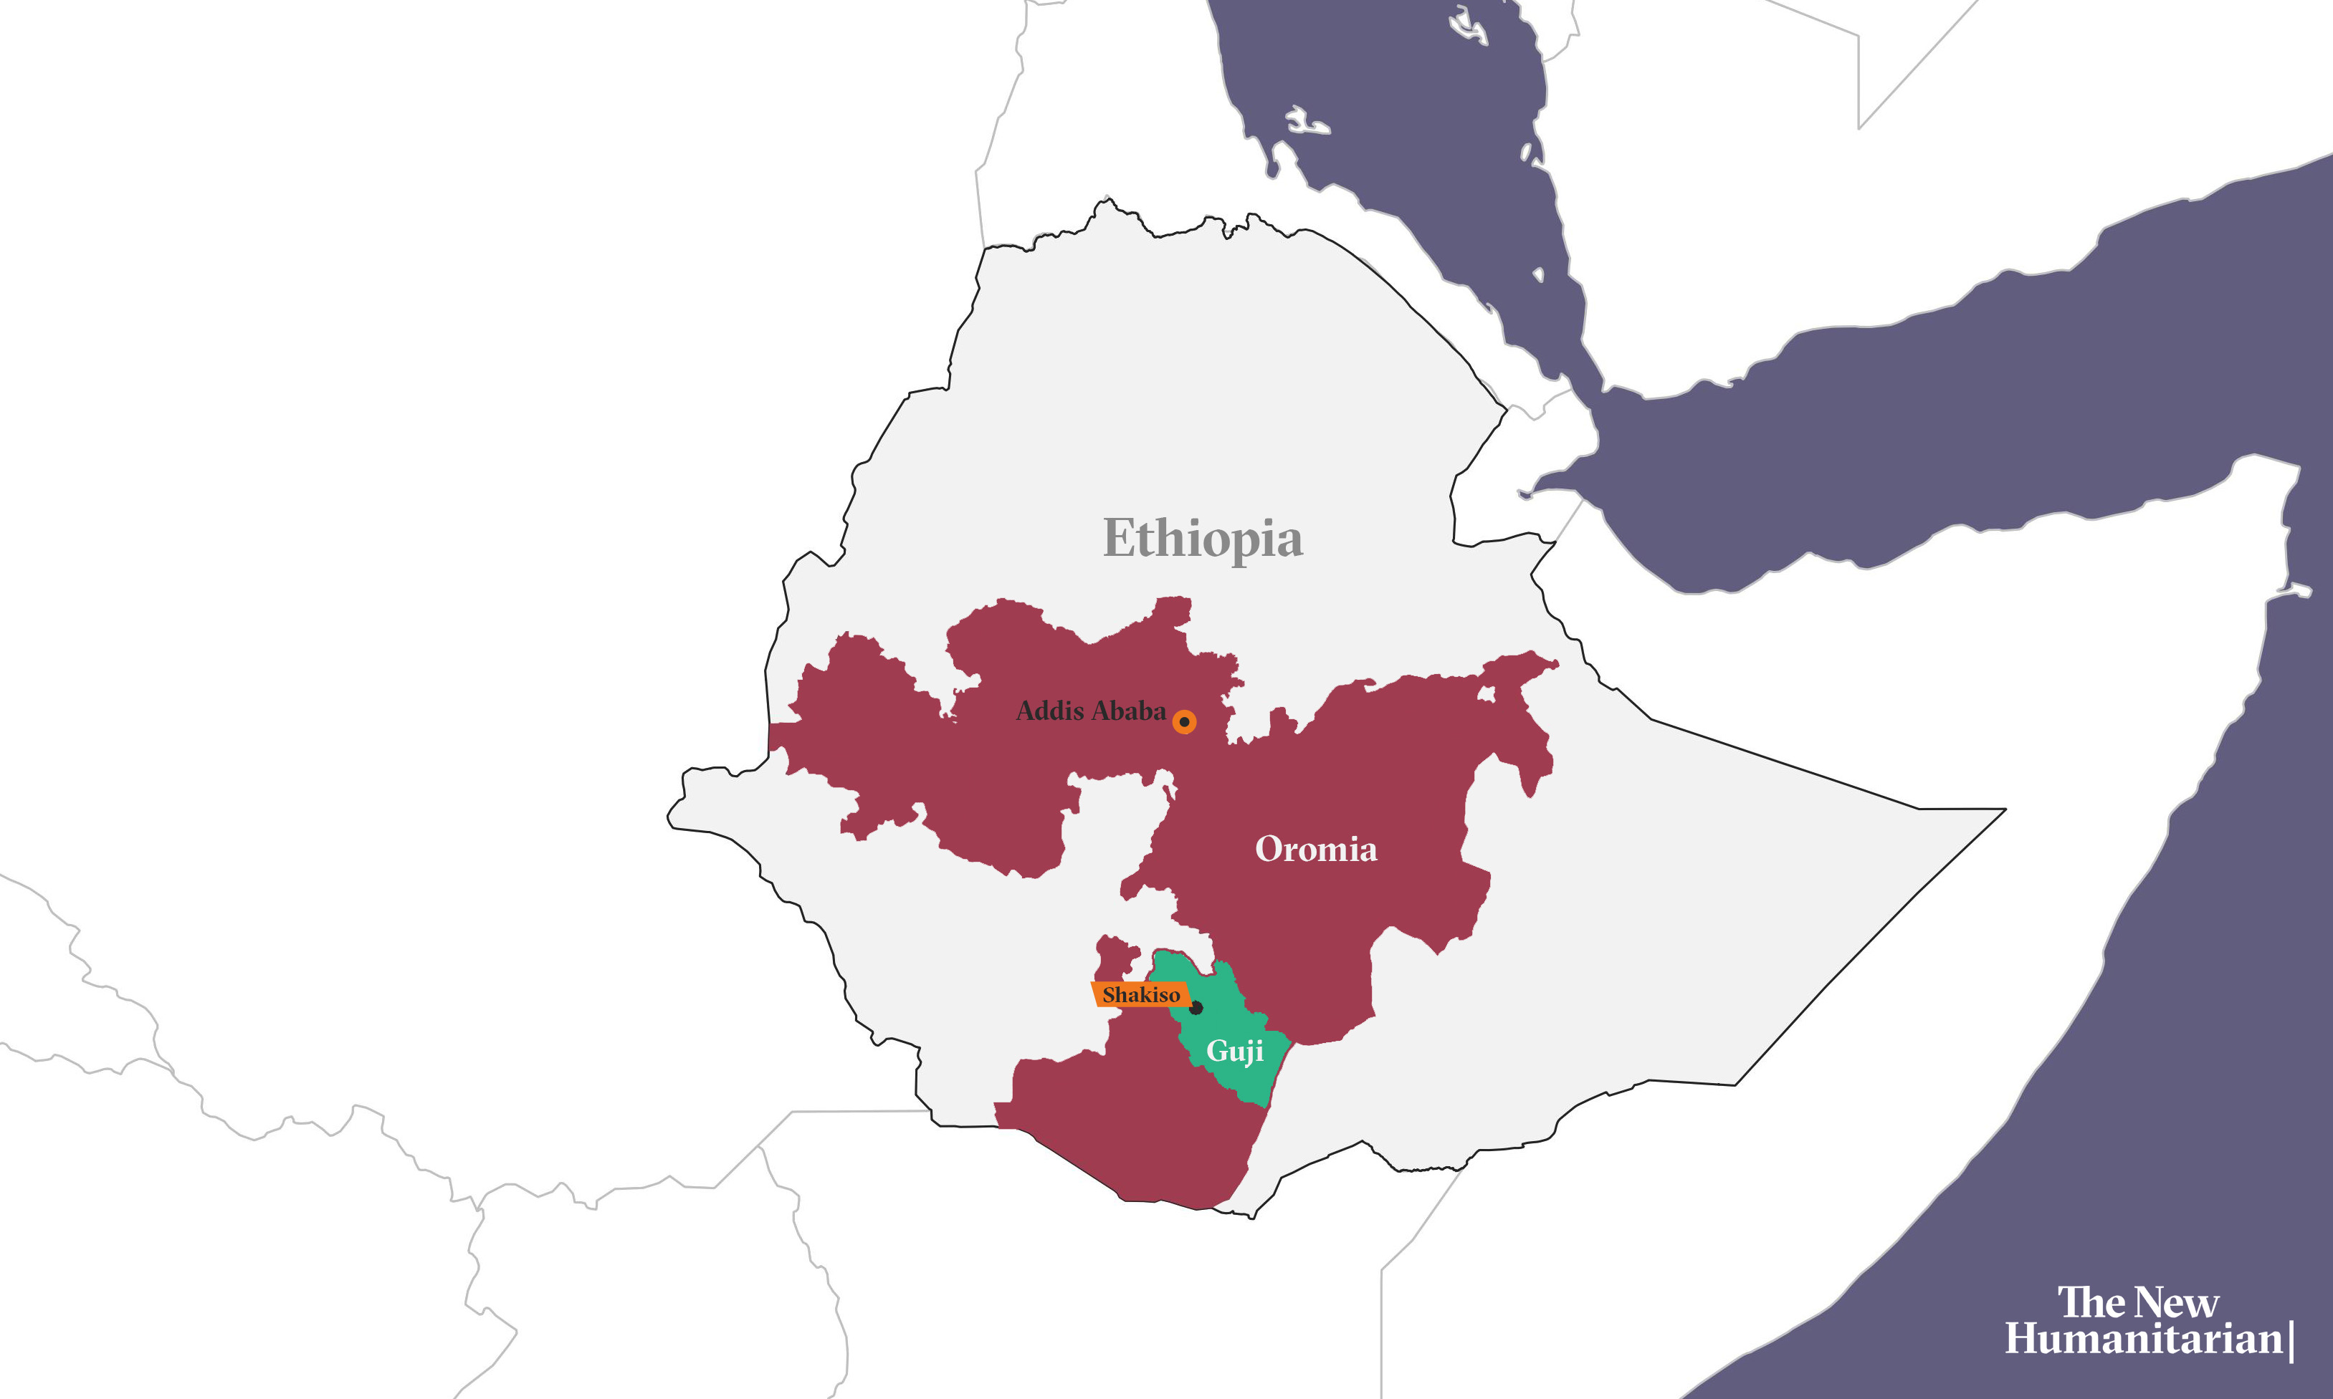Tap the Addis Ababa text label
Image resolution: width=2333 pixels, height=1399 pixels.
pos(1090,711)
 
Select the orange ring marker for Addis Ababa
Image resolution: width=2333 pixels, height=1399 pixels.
pos(1184,722)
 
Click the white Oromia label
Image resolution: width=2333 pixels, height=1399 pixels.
pos(1315,850)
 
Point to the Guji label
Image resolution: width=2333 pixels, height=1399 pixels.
pos(1234,1051)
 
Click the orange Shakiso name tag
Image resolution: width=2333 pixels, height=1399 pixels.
pos(1140,994)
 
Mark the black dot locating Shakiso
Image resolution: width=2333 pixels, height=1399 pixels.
pos(1196,1008)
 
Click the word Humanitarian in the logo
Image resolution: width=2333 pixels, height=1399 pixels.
pos(2142,1340)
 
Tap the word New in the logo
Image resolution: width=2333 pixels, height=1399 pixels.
pos(2177,1303)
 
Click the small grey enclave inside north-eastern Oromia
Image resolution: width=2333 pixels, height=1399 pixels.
pos(1487,696)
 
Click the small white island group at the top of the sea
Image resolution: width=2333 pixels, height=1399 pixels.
pos(1467,27)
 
